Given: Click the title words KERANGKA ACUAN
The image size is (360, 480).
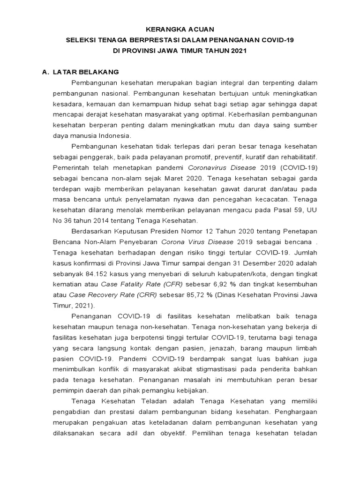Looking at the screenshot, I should click(180, 29).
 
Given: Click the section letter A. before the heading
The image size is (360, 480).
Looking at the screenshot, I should click(45, 72).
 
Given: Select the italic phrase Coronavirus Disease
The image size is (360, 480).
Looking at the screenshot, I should click(222, 167).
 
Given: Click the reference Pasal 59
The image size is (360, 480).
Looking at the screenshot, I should click(287, 210).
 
